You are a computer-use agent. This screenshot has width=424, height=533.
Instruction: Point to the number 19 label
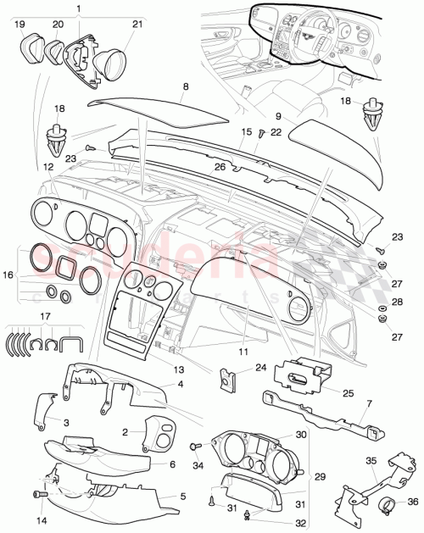[20, 25]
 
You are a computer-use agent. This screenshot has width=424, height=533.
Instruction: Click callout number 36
[413, 501]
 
